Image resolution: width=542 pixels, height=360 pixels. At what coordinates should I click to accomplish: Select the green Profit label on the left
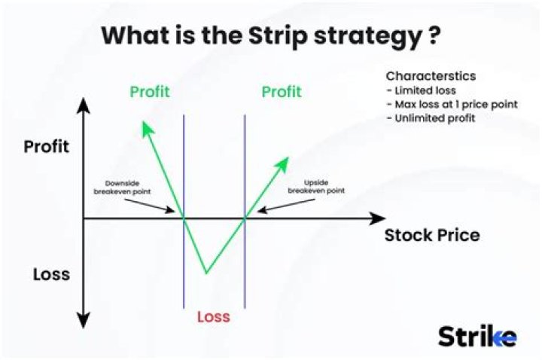tap(150, 92)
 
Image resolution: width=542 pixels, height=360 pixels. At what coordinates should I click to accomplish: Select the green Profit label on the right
tap(282, 92)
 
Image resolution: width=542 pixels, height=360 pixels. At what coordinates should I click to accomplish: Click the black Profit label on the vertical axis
tap(46, 146)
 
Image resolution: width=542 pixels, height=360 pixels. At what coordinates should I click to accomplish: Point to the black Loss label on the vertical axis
tap(51, 274)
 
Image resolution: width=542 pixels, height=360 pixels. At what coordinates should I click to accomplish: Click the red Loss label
tap(213, 317)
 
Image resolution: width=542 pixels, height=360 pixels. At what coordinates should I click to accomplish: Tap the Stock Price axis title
tap(432, 235)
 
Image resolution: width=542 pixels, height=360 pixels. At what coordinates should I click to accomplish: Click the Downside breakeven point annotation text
tap(123, 187)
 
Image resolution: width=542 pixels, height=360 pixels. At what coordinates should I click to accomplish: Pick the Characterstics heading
tap(431, 76)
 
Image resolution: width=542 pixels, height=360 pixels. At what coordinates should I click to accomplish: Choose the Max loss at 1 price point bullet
tap(451, 104)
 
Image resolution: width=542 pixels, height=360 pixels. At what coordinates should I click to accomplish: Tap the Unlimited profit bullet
tap(431, 118)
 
